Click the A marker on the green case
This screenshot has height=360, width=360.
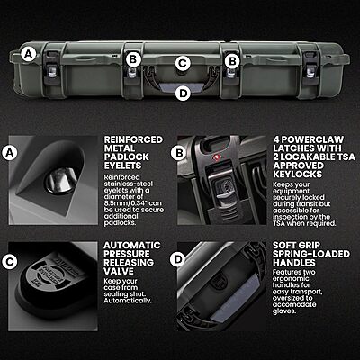pos(30,54)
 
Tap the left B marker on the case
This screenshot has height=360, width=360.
pos(133,59)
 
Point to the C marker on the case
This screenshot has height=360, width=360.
pos(183,63)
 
